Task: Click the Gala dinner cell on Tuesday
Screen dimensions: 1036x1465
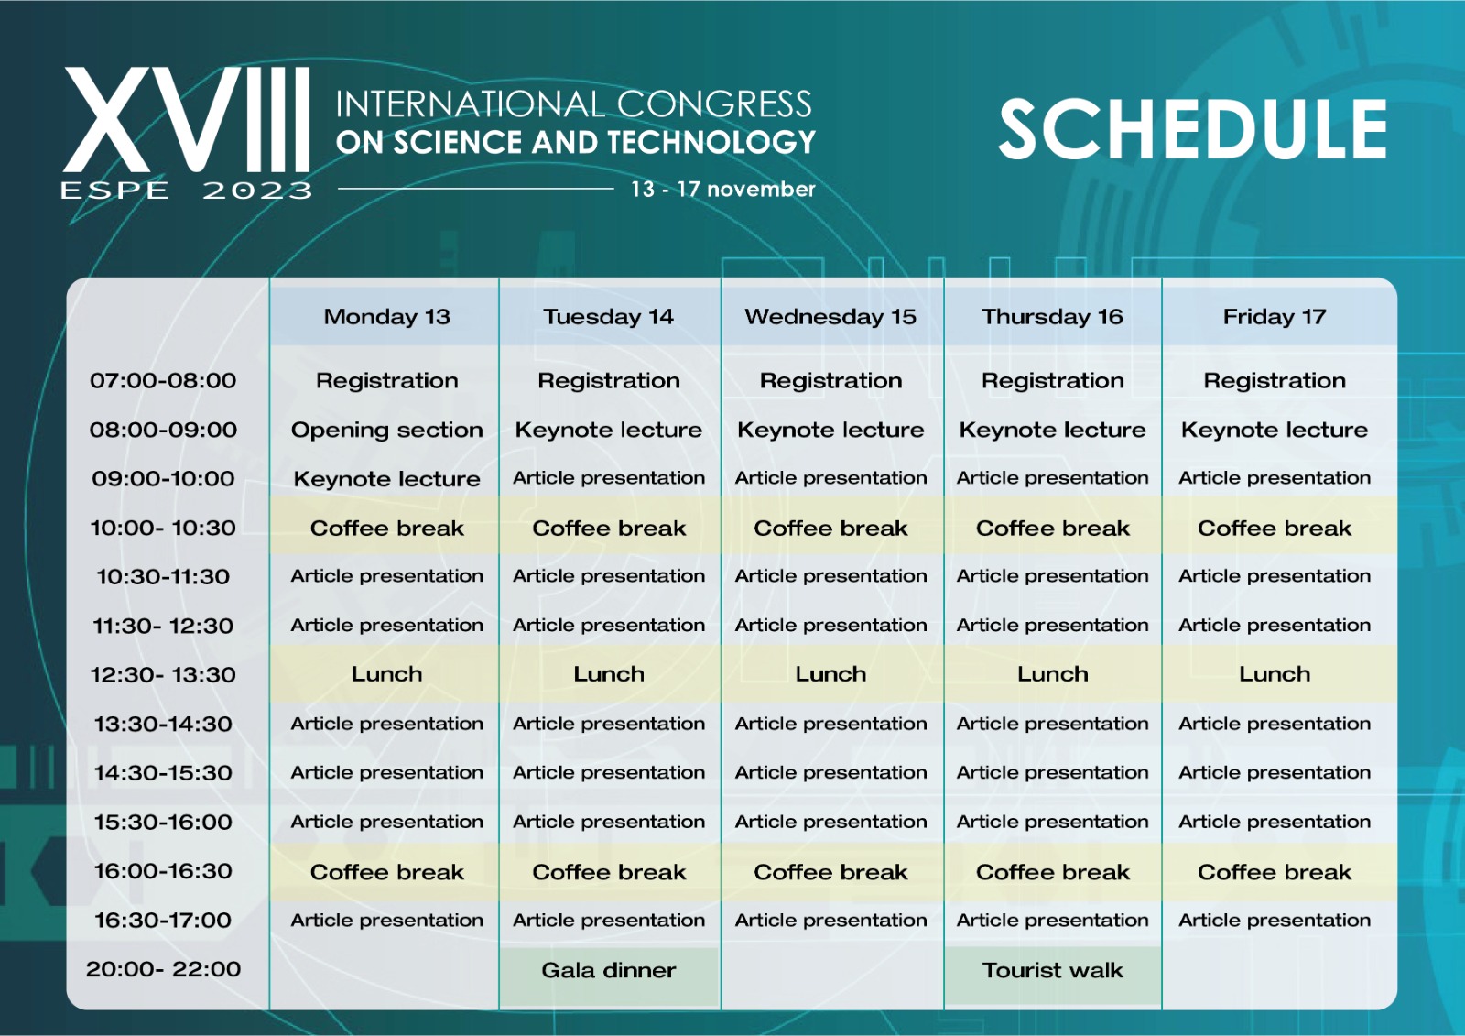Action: (609, 970)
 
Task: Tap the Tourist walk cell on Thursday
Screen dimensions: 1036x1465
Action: (1052, 970)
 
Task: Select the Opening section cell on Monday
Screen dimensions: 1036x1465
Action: (386, 430)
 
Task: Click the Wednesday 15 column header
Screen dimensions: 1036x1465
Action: (830, 317)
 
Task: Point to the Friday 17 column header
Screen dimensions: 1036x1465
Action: (1274, 317)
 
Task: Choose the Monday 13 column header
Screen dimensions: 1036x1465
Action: (386, 317)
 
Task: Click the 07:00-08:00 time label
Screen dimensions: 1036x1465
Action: (163, 381)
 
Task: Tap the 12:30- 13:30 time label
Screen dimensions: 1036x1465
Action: (163, 675)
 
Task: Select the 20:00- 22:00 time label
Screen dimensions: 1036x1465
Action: (163, 969)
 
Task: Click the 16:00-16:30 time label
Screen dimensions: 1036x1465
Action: (163, 871)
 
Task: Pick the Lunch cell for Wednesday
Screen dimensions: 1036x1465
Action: (830, 674)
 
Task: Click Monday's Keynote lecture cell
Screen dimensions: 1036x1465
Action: (386, 479)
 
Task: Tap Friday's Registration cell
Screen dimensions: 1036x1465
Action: (1274, 381)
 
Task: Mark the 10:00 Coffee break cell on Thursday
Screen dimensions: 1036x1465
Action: (1052, 529)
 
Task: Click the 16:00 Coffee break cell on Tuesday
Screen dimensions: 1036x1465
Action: (609, 872)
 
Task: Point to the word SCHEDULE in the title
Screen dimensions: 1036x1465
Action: (1192, 130)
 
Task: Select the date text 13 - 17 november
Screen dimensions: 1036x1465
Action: (722, 190)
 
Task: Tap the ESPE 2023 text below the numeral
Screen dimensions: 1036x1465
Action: (187, 191)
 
